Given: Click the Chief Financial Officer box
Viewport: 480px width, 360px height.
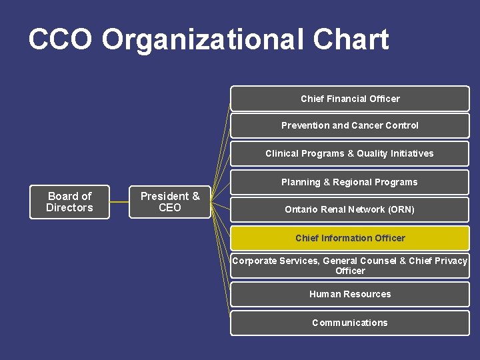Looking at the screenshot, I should tap(349, 99).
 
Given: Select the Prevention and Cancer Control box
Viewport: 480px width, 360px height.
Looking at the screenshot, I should tap(349, 125).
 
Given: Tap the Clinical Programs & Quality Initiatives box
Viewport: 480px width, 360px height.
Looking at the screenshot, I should tap(349, 153).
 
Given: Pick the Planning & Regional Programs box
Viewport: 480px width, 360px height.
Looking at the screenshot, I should tap(349, 182).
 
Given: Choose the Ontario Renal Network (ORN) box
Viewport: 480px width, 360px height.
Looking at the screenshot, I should tap(349, 209).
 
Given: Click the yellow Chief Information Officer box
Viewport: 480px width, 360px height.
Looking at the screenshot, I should tap(349, 238).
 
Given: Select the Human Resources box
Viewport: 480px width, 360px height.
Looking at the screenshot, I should tap(349, 294).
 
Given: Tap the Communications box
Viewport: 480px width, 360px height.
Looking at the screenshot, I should tap(349, 323).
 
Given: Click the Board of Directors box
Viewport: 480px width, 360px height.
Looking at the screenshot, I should tap(69, 201).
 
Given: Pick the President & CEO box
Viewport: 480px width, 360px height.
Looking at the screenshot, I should tap(169, 201).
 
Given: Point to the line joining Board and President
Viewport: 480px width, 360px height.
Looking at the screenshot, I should tap(119, 201).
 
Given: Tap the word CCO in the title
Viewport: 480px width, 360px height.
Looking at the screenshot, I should tap(60, 40).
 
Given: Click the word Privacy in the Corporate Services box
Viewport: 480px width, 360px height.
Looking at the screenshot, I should tap(451, 261).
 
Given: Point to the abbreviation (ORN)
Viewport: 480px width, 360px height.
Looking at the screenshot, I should tap(397, 209).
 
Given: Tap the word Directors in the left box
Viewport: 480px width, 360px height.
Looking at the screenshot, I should tap(69, 207).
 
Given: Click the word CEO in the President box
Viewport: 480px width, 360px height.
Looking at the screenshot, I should tap(169, 207).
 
